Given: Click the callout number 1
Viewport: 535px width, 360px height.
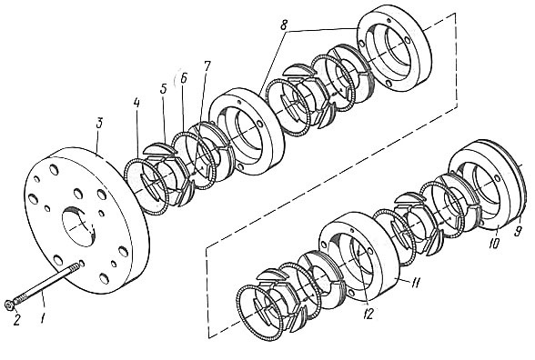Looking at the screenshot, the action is coord(42,319).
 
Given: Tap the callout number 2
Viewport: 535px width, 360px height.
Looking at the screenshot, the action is coord(16,320).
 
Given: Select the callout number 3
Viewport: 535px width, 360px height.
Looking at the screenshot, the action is coord(99,123).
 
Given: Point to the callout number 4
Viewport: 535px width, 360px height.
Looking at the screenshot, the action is coord(136,104).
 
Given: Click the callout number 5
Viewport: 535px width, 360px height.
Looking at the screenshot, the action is coord(163,89).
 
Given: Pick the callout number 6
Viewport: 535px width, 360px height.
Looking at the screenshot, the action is coord(183,78).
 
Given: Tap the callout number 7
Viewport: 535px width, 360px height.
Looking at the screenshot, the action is coord(207,67).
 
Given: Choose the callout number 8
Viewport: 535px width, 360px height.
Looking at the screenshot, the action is coord(284,25).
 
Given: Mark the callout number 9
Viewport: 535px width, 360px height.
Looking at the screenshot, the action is coord(518,232).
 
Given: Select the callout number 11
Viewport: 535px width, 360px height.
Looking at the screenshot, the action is coord(416,282).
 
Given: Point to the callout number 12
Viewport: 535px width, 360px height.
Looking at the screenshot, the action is coord(368,315).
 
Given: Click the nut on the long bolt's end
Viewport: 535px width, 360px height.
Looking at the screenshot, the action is coord(8,305).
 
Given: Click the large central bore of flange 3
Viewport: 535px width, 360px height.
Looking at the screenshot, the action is coord(78,226).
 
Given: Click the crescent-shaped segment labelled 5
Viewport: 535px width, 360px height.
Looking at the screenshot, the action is coord(159,149).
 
